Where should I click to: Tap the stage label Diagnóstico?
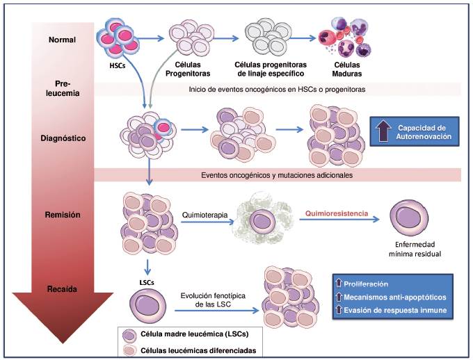(x=63, y=138)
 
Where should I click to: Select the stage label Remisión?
(x=63, y=215)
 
